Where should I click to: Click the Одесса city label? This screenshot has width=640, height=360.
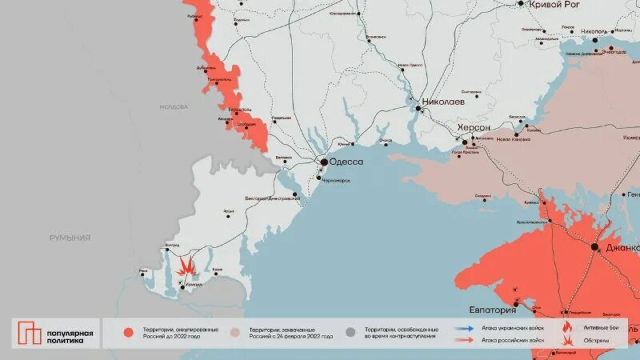click(x=347, y=162)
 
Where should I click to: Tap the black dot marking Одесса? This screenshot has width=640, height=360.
click(x=324, y=162)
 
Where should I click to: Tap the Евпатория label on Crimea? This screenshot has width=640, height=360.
click(x=491, y=310)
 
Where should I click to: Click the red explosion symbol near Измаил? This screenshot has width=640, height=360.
click(x=186, y=265)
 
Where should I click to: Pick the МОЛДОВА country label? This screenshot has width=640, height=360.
click(x=174, y=106)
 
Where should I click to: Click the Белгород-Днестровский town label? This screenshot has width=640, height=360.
click(x=273, y=197)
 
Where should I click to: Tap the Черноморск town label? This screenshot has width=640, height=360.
click(x=336, y=180)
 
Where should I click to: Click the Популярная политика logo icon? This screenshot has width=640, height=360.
click(x=30, y=334)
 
